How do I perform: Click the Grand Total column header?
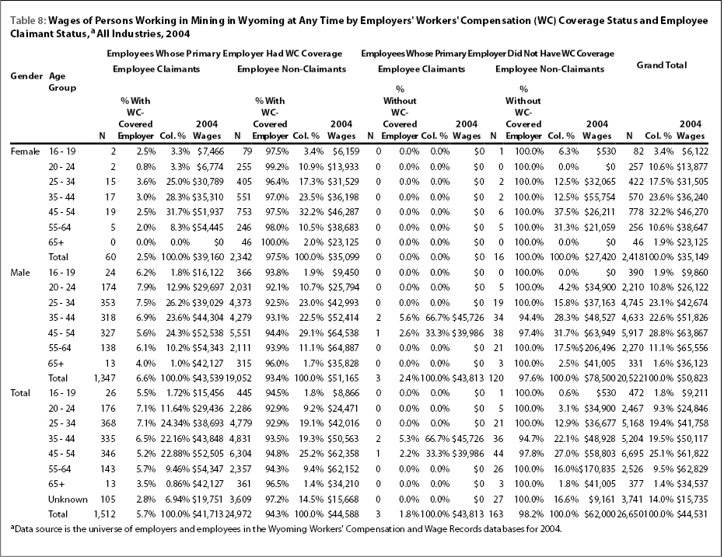click(661, 65)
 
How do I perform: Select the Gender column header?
click(26, 76)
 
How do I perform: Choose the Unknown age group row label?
click(68, 500)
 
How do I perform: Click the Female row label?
click(25, 151)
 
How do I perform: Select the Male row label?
click(20, 273)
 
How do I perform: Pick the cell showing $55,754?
click(600, 197)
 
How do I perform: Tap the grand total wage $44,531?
click(692, 514)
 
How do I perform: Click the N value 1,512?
click(104, 514)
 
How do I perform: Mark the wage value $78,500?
click(600, 378)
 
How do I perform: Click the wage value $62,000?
click(600, 514)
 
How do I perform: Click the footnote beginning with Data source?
click(286, 529)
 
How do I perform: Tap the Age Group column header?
click(62, 82)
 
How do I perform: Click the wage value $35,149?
click(692, 257)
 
